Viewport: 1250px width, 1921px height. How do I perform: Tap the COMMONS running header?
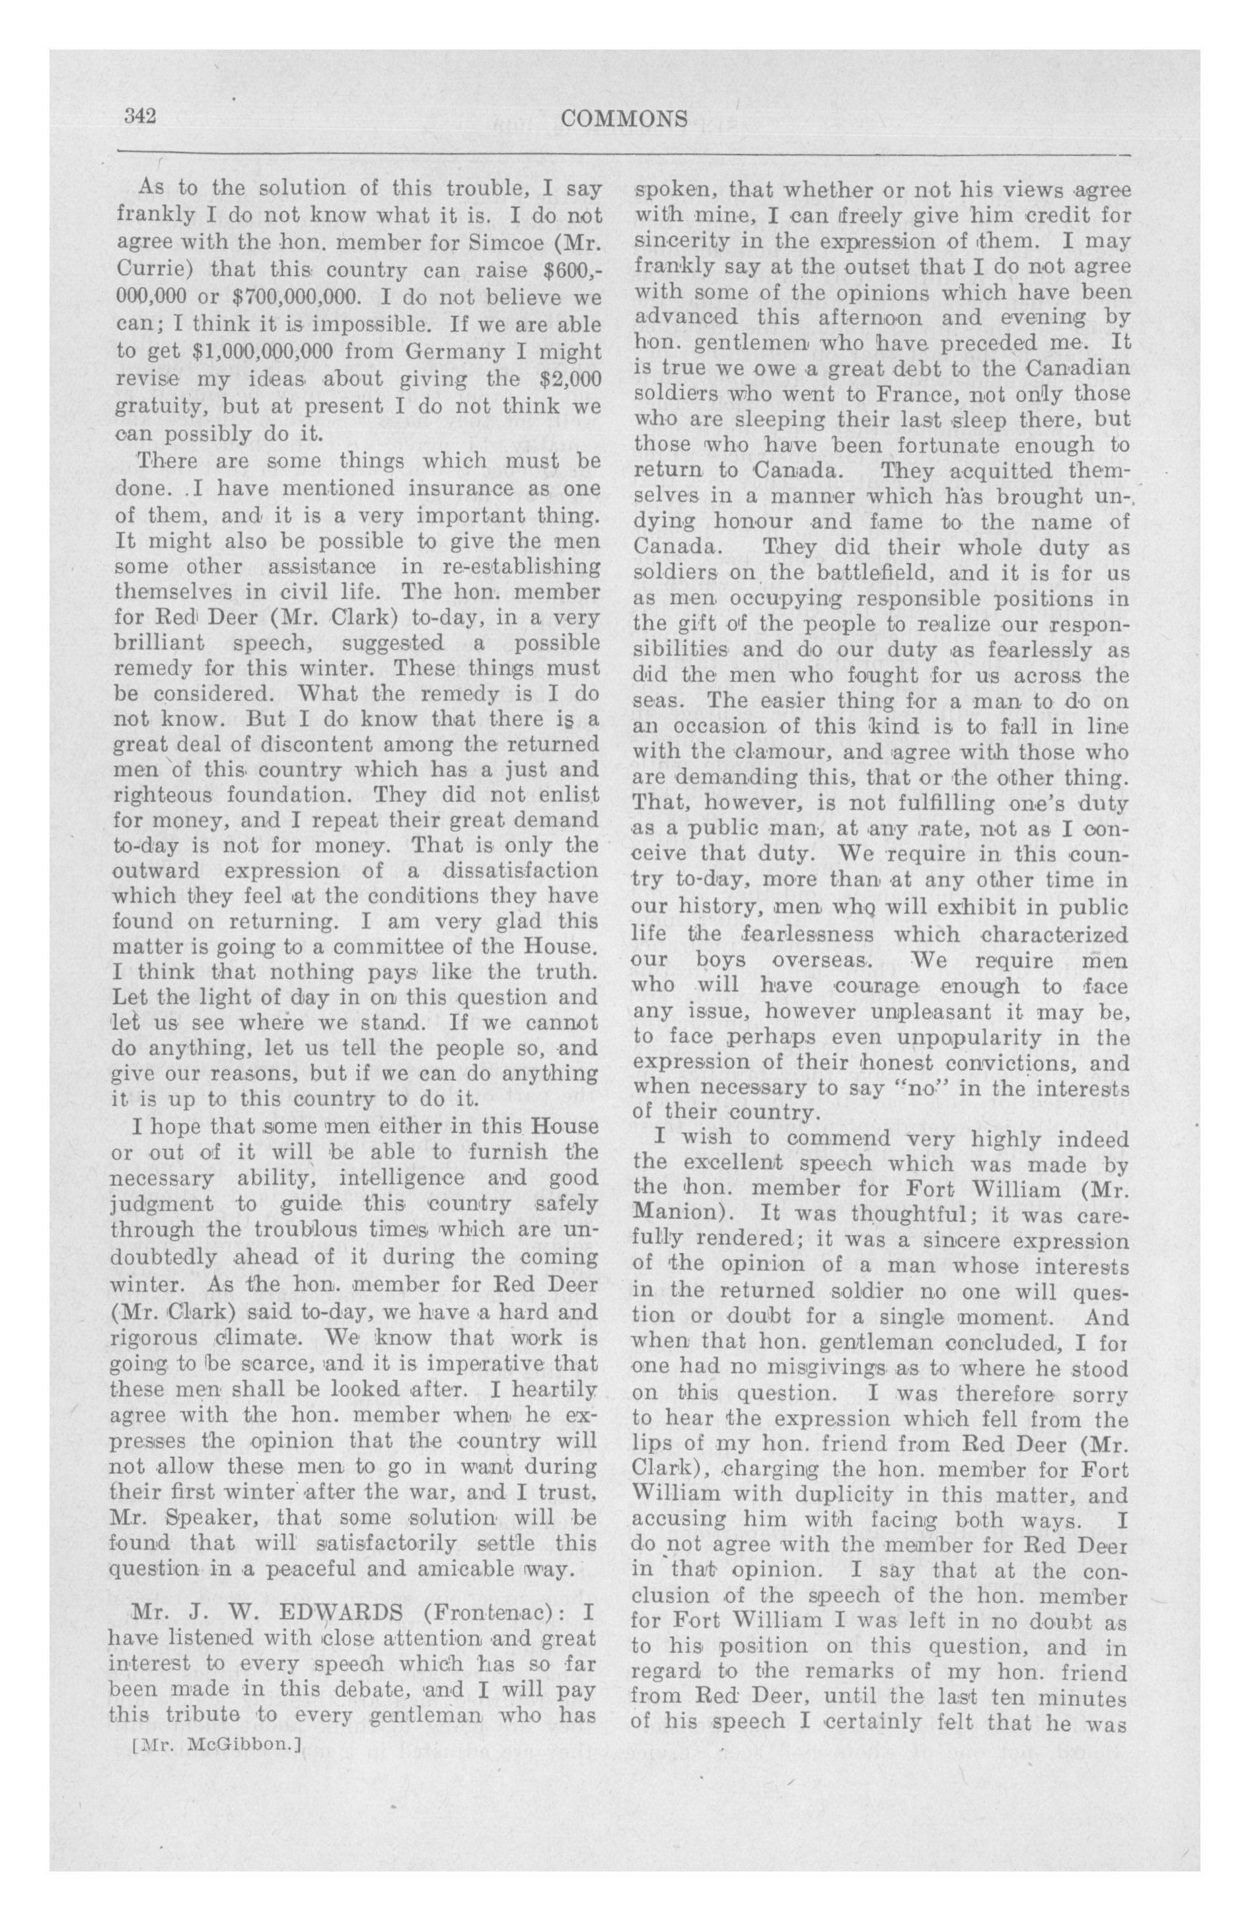[x=624, y=120]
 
